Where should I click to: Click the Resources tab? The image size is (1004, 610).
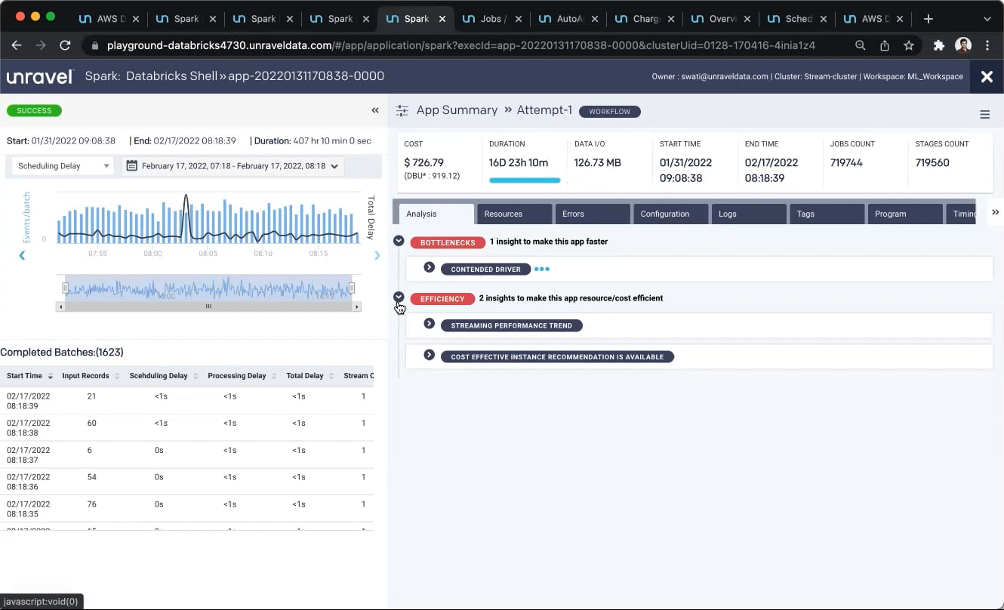point(504,214)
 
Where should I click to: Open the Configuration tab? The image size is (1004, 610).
point(664,214)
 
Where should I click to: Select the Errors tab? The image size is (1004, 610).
point(573,214)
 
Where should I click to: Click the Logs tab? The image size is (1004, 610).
point(727,214)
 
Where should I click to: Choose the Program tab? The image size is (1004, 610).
point(890,214)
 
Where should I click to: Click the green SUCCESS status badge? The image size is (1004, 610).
point(34,110)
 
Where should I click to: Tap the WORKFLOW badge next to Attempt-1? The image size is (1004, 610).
point(609,112)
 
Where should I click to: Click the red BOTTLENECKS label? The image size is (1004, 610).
point(448,242)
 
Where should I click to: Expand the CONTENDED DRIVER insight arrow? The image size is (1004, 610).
point(429,268)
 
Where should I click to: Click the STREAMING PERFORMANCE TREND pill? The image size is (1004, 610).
point(511,326)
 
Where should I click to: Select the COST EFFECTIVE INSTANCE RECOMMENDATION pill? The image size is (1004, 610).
point(557,357)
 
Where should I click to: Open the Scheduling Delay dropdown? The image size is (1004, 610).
point(63,166)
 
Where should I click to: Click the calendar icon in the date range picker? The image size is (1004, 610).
point(132,166)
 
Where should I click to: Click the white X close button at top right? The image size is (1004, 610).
point(986,76)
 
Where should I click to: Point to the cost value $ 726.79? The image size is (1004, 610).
point(423,162)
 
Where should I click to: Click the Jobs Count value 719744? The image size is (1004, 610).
point(846,162)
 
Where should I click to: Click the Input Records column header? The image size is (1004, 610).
point(85,376)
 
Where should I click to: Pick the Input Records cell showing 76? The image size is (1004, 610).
point(91,504)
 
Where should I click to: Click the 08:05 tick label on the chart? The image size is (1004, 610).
point(208,254)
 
